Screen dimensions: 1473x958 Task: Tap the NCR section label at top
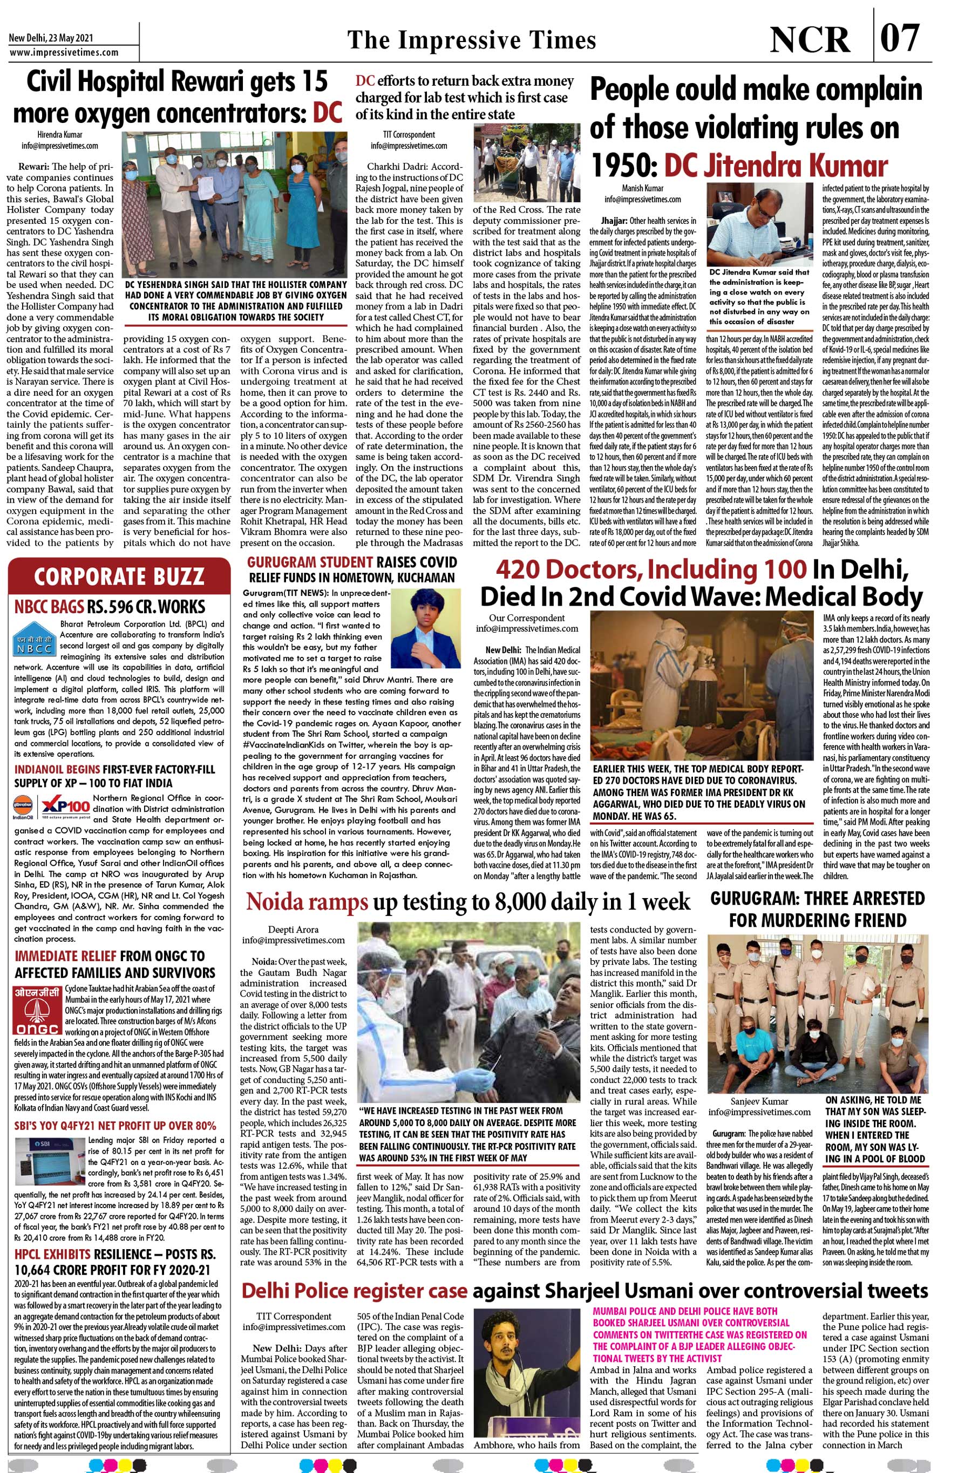[x=810, y=39]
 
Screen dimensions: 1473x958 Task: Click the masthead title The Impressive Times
[x=472, y=39]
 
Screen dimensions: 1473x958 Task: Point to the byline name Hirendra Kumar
[x=59, y=134]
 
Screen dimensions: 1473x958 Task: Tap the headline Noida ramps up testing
[x=467, y=901]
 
